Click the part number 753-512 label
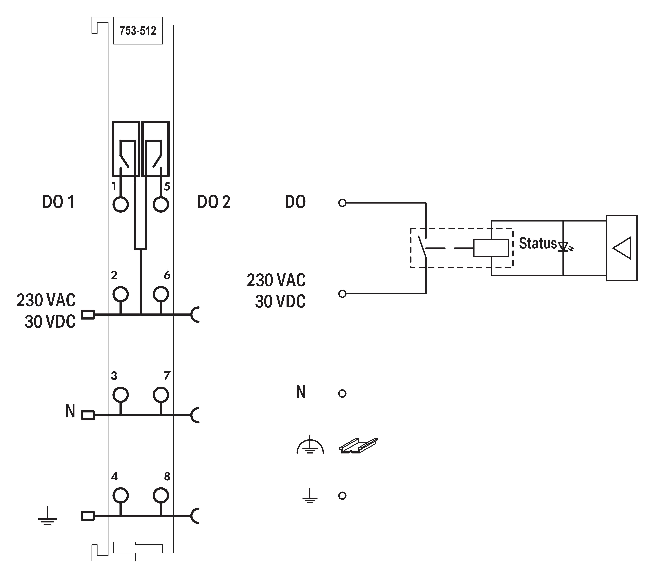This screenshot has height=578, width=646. (138, 31)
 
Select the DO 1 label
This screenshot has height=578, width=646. (59, 202)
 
